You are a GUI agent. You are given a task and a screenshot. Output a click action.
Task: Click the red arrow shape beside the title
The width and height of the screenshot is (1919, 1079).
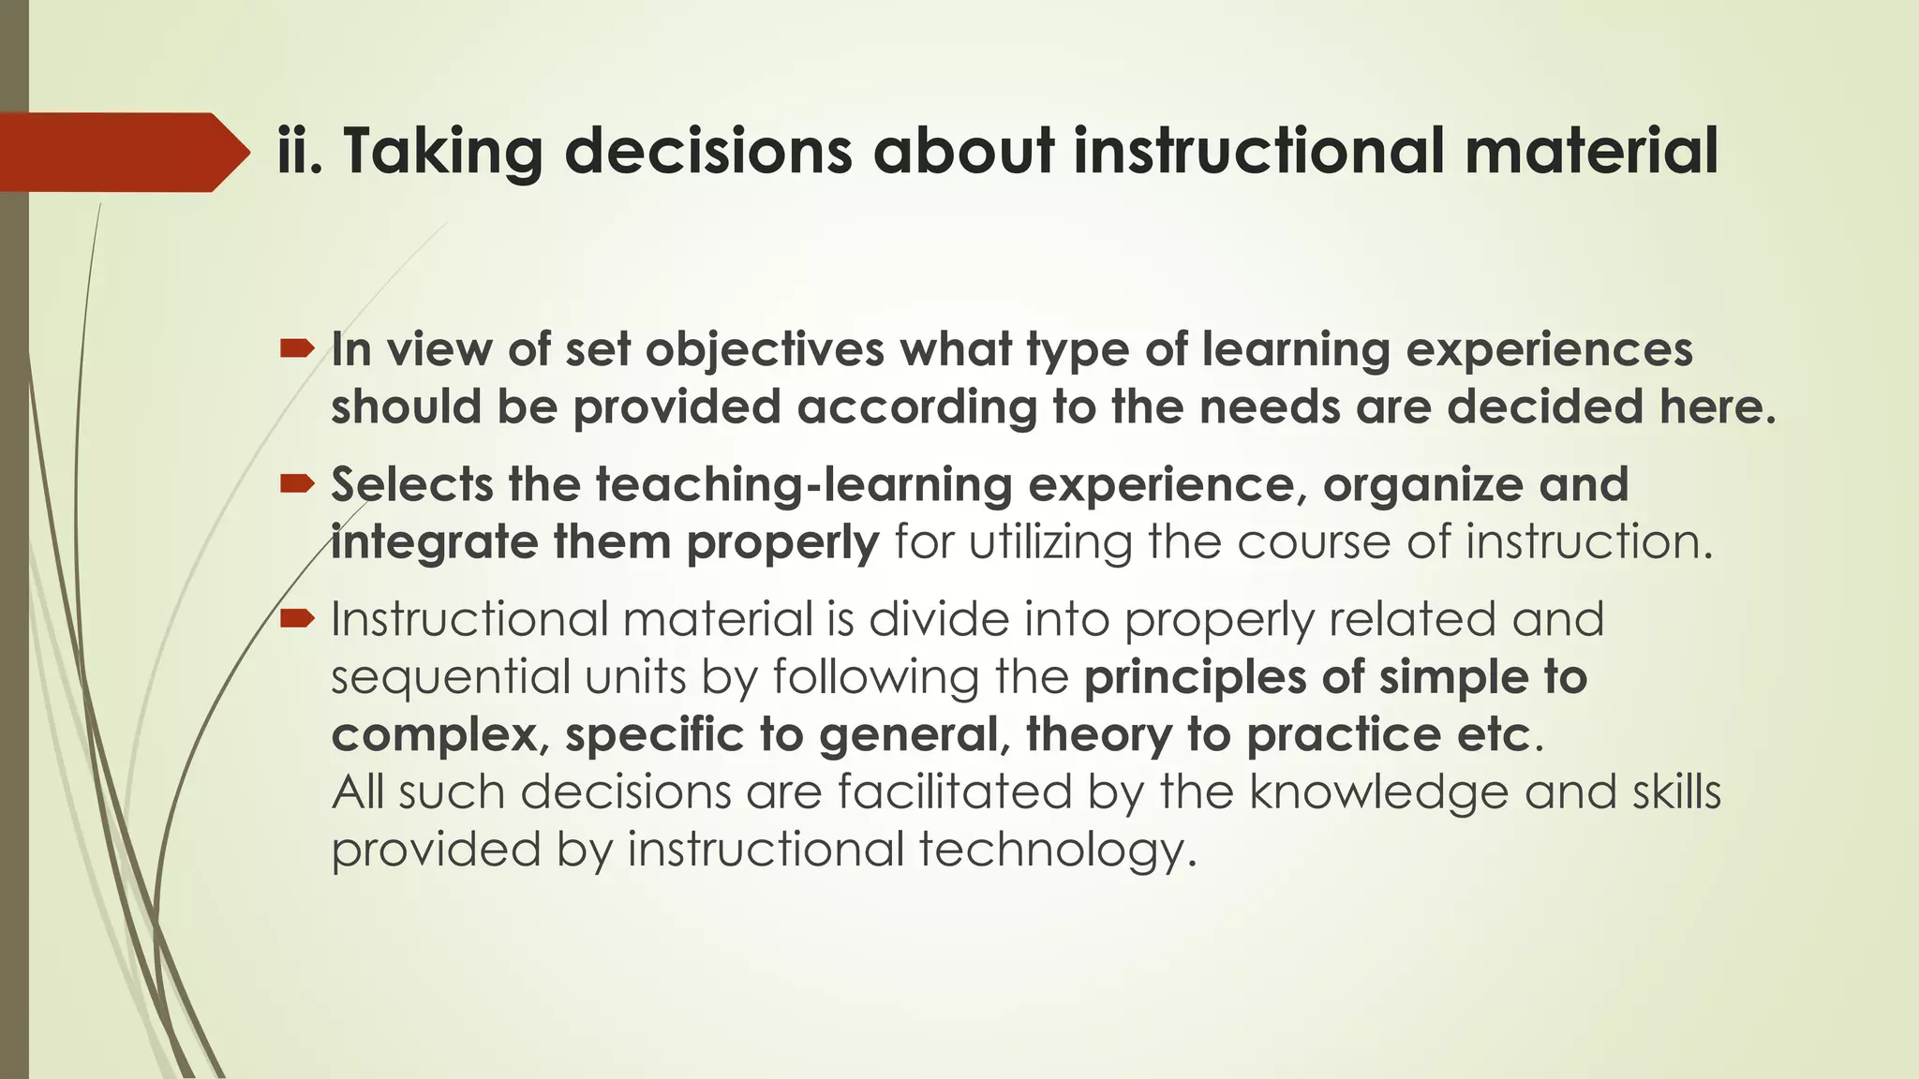pos(122,152)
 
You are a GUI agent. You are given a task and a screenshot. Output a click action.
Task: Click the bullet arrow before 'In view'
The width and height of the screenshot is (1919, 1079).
pos(297,350)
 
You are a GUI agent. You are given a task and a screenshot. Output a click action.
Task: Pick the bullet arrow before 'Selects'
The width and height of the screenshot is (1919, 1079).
pos(297,484)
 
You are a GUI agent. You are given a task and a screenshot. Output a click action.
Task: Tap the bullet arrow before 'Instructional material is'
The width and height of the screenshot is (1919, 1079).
pos(297,618)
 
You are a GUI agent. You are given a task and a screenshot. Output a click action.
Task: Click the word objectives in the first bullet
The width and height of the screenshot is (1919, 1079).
pos(765,350)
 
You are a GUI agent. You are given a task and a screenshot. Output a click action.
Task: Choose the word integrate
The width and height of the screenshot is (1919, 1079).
pos(434,543)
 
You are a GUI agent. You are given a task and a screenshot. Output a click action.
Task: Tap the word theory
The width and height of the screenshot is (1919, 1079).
pos(1098,735)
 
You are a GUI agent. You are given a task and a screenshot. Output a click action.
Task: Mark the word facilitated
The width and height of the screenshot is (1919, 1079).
pos(954,792)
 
